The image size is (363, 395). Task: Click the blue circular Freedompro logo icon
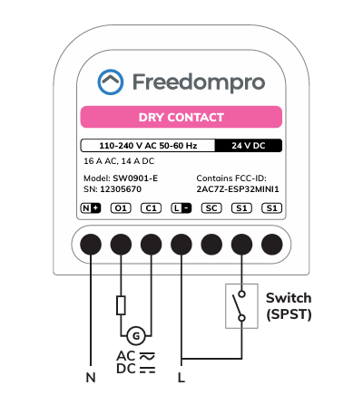111,82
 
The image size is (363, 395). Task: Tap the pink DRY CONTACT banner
181,117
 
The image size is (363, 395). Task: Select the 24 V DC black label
249,146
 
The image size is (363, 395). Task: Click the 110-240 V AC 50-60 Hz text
148,146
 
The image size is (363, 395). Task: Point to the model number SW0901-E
135,178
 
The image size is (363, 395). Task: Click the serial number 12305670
121,189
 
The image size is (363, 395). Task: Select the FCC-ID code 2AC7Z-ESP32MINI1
238,189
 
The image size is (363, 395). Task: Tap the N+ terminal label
91,208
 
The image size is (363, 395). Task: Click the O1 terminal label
121,208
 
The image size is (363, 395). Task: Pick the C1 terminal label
152,208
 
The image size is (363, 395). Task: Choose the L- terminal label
181,208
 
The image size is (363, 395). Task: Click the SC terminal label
211,208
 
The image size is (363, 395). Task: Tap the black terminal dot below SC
211,245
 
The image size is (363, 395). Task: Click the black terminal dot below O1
121,245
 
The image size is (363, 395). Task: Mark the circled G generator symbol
136,336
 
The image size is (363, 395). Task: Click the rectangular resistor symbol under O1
121,305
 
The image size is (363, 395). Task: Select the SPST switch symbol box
241,306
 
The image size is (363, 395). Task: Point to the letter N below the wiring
91,378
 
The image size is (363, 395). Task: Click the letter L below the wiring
181,378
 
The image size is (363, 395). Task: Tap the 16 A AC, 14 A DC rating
119,161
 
